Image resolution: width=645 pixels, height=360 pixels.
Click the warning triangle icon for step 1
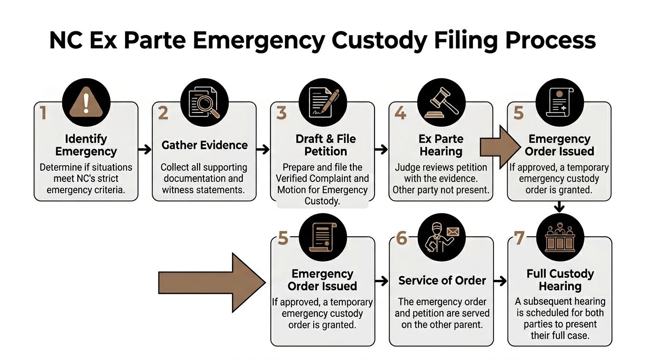[x=86, y=102]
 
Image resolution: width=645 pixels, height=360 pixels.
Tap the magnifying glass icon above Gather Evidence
[x=204, y=102]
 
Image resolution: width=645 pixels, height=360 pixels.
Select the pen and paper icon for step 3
[x=323, y=102]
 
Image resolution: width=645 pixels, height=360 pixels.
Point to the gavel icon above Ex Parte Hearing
[x=441, y=102]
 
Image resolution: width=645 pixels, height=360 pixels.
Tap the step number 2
[x=163, y=113]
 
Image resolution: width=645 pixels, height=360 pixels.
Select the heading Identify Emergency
[x=86, y=145]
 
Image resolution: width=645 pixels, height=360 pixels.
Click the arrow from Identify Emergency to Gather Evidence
[x=145, y=150]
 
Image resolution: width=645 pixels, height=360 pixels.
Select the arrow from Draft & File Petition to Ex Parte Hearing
[x=382, y=150]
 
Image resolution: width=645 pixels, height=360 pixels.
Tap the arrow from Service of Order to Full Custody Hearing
[x=500, y=281]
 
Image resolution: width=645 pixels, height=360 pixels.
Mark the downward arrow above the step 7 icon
[x=559, y=207]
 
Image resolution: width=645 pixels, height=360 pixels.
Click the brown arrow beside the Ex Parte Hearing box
[x=497, y=147]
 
